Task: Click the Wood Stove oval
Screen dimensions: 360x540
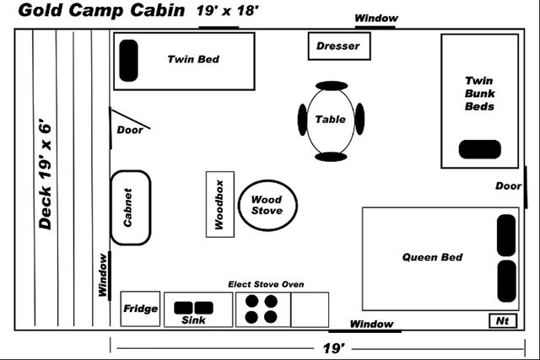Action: [267, 205]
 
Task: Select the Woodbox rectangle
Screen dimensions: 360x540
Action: [219, 204]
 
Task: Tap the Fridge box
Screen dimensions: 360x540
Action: [140, 309]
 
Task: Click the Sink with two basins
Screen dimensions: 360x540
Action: [197, 309]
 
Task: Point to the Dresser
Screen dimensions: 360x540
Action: [338, 46]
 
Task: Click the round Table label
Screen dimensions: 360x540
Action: [330, 119]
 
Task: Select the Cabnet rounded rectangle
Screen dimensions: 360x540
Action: [130, 207]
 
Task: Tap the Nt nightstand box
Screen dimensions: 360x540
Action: [501, 321]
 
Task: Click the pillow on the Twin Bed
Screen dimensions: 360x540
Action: [128, 61]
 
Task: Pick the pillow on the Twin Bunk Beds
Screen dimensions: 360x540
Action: [479, 149]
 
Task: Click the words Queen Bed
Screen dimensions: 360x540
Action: [432, 257]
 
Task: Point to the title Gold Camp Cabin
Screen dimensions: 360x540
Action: [100, 11]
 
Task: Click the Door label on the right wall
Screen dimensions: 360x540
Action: [508, 185]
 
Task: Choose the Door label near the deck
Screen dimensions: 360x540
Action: [130, 130]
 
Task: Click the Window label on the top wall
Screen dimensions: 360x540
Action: [375, 18]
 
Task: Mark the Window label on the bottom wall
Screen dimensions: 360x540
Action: [371, 324]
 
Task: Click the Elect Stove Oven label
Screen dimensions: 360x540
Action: [266, 284]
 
